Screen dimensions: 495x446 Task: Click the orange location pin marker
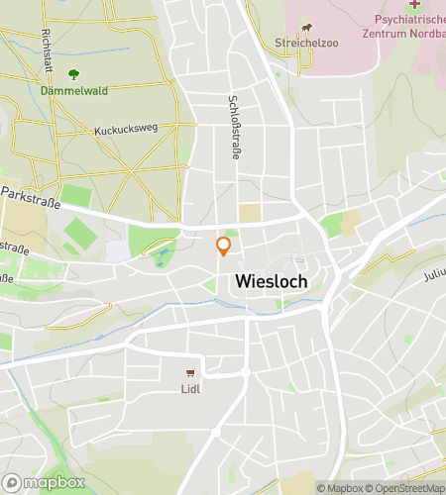[224, 246]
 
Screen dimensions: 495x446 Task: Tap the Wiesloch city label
[272, 281]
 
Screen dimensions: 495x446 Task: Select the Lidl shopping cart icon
[190, 373]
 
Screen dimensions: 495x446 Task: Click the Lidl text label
[190, 389]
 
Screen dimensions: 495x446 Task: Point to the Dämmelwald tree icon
[73, 73]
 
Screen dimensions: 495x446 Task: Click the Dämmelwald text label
[73, 89]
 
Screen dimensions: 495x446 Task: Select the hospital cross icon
[414, 5]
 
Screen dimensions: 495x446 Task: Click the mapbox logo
[45, 482]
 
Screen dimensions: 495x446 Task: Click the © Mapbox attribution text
[341, 487]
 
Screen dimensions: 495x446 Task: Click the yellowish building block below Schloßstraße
[251, 212]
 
